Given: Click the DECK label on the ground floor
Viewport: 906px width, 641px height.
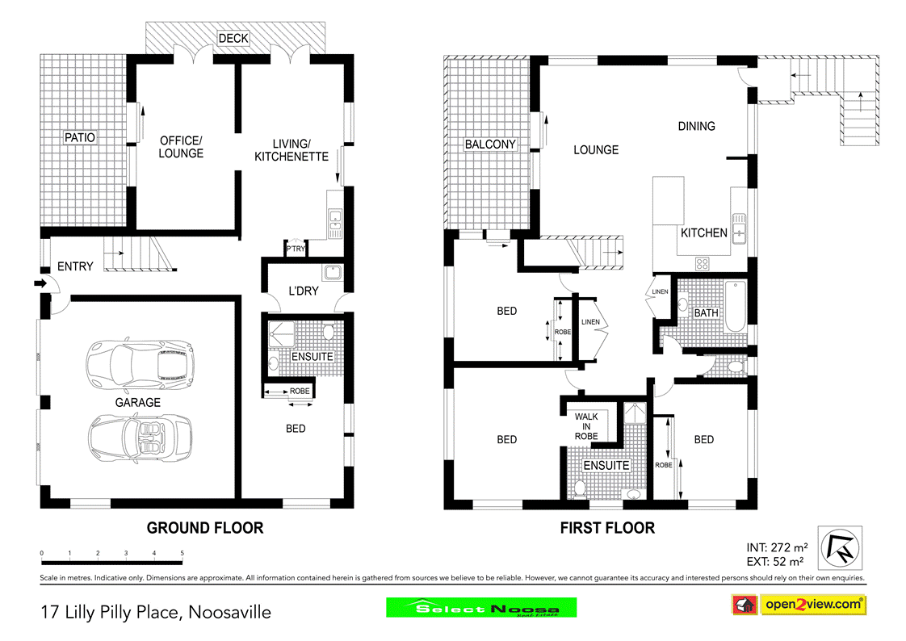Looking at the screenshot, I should pos(233,38).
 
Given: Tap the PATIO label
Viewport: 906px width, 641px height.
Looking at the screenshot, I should pos(80,137).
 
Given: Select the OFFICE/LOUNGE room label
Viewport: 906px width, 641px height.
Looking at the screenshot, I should pos(181,146).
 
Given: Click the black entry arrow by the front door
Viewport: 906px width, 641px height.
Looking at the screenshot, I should pos(39,283).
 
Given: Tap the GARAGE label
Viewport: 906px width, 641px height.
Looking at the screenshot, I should pos(137,402).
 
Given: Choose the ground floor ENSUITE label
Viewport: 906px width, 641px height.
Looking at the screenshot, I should pos(311,356).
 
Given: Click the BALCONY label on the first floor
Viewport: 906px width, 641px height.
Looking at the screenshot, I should pos(489,145).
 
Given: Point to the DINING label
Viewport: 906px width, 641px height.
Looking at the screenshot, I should pos(696,126).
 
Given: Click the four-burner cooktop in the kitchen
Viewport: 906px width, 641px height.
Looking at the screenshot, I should pos(702,262).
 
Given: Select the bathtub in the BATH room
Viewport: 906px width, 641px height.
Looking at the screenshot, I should pos(736,307).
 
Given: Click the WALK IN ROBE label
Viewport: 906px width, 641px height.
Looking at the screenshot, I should pos(586,426).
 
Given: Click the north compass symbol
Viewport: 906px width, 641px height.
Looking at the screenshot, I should pos(840,547).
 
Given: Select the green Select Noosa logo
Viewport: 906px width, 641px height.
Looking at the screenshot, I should pos(481,608).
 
